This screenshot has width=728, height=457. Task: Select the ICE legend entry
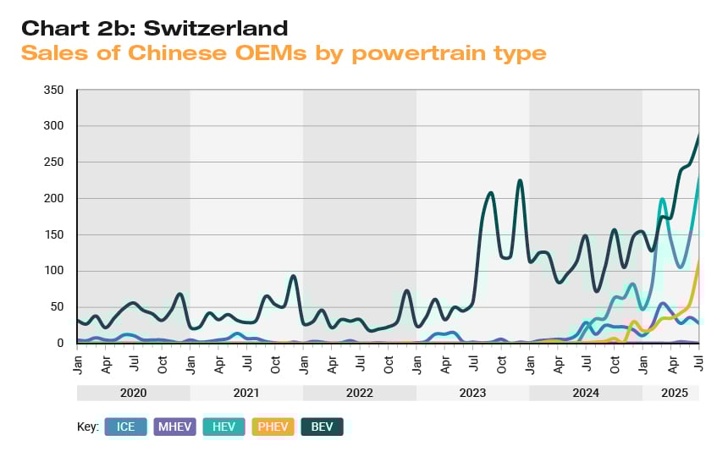point(126,427)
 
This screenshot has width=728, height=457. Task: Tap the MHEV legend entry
point(176,427)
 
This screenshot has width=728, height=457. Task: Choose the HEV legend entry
point(223,427)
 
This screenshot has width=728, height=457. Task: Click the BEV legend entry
point(322,427)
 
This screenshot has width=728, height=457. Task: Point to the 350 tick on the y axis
point(53,90)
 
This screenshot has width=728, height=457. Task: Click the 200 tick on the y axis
point(53,198)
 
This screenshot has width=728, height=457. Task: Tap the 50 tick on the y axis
point(57,307)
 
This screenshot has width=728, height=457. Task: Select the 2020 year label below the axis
point(134,394)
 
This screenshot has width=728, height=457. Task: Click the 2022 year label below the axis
point(360,394)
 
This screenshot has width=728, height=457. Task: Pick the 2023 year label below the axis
point(472,394)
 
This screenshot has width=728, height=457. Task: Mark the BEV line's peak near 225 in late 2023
point(520,180)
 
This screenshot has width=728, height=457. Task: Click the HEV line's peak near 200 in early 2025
point(663,199)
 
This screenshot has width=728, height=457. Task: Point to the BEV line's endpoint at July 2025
point(698,135)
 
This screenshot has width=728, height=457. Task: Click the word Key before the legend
point(88,427)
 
